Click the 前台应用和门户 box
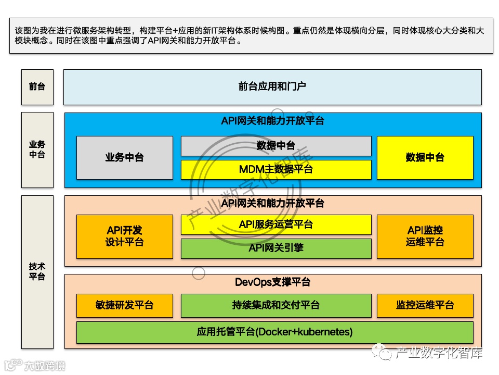click(272, 86)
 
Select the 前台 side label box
click(37, 86)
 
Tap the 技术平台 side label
click(37, 272)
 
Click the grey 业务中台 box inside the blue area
click(124, 157)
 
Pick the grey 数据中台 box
click(276, 146)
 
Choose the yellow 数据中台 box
click(425, 157)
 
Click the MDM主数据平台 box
click(276, 169)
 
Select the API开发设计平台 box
click(124, 236)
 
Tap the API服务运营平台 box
click(276, 224)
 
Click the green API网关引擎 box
click(276, 248)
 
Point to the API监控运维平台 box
click(425, 236)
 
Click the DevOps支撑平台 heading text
click(272, 282)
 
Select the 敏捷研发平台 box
click(124, 306)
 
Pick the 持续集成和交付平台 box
click(276, 306)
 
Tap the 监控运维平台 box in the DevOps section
click(425, 306)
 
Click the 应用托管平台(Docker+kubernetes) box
click(274, 332)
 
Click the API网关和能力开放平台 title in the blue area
click(272, 121)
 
